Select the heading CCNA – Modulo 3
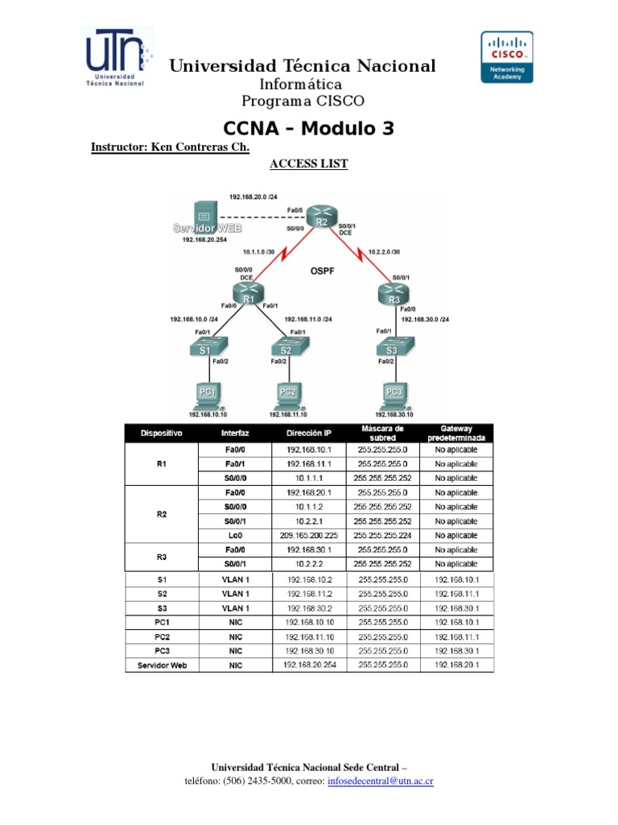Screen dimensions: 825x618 (308, 129)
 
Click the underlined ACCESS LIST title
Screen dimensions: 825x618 (308, 164)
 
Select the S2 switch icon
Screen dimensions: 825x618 (286, 348)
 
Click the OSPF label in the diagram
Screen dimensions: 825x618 (321, 272)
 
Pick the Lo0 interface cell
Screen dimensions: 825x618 (235, 535)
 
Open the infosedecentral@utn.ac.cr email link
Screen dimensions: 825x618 (381, 781)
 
